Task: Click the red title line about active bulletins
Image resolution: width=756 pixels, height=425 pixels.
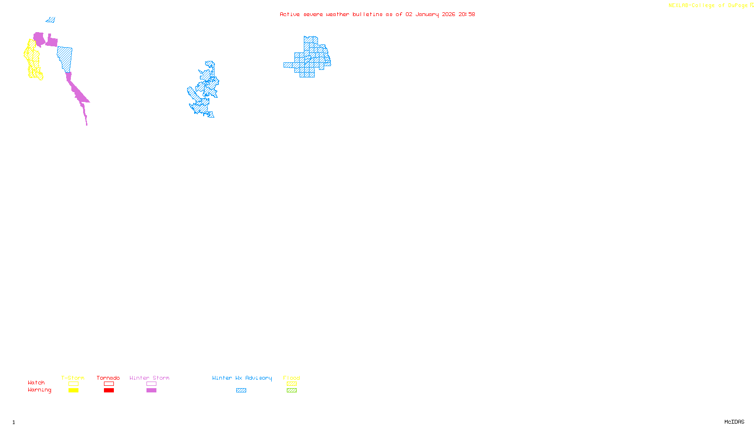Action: [x=377, y=14]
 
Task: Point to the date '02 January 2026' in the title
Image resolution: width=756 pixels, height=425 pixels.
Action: [x=430, y=14]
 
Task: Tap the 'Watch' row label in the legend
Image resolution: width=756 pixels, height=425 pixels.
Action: [x=36, y=382]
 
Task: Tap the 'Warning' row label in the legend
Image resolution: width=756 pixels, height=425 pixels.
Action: [x=39, y=390]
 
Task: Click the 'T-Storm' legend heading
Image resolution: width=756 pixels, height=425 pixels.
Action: [x=73, y=378]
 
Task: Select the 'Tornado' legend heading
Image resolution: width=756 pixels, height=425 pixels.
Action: [x=108, y=378]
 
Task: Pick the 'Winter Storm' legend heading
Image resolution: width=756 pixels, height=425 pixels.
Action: [x=149, y=378]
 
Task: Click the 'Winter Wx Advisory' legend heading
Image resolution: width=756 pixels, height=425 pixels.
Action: [x=242, y=378]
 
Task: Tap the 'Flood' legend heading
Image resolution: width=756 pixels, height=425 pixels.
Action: [x=292, y=378]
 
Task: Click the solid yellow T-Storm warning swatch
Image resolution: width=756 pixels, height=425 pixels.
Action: [x=73, y=391]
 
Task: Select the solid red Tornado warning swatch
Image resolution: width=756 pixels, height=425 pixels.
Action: [x=109, y=391]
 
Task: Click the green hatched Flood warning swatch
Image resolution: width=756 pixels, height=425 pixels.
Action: [x=292, y=391]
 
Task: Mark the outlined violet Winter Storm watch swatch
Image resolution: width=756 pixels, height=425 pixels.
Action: [x=151, y=384]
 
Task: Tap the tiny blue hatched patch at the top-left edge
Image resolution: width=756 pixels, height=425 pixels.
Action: [x=51, y=20]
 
